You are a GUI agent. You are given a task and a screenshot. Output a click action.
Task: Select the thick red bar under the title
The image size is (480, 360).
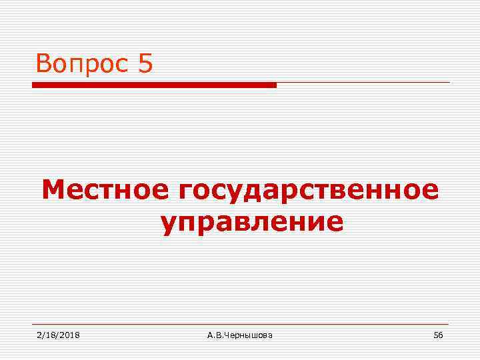154,85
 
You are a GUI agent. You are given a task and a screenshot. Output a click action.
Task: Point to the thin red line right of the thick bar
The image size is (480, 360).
363,83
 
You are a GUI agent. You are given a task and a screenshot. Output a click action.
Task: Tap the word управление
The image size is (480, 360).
252,222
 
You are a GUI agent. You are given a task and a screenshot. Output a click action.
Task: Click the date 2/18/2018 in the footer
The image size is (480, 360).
58,335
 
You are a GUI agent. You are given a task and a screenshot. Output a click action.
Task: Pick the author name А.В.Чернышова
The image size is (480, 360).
240,335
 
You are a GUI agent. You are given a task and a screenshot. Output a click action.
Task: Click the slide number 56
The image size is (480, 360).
438,335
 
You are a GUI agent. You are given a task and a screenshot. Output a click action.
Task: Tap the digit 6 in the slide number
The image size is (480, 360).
441,335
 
